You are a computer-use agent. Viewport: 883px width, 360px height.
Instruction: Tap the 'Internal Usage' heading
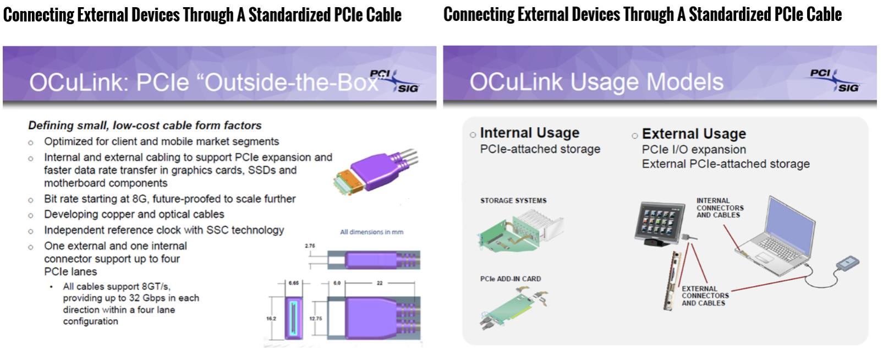click(529, 133)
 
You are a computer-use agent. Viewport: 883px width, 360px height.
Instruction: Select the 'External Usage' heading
click(694, 134)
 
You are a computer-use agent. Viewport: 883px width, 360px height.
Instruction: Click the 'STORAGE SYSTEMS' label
click(513, 200)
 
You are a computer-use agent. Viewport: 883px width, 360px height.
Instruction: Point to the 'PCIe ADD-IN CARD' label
click(510, 279)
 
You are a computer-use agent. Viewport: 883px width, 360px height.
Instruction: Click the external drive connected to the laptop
click(847, 263)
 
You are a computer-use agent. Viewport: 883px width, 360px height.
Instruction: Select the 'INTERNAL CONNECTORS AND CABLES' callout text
click(720, 208)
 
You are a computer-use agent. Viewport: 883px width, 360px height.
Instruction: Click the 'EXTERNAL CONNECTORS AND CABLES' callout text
click(705, 296)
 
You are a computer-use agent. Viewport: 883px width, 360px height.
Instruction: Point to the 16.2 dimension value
click(271, 319)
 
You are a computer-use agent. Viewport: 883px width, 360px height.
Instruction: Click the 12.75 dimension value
click(315, 319)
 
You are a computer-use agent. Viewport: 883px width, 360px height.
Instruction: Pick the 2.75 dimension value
click(310, 246)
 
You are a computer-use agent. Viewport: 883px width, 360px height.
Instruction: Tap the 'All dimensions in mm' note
click(371, 232)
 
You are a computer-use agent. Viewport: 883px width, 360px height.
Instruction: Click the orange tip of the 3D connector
click(345, 181)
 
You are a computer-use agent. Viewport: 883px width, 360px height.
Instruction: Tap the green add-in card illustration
click(512, 308)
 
